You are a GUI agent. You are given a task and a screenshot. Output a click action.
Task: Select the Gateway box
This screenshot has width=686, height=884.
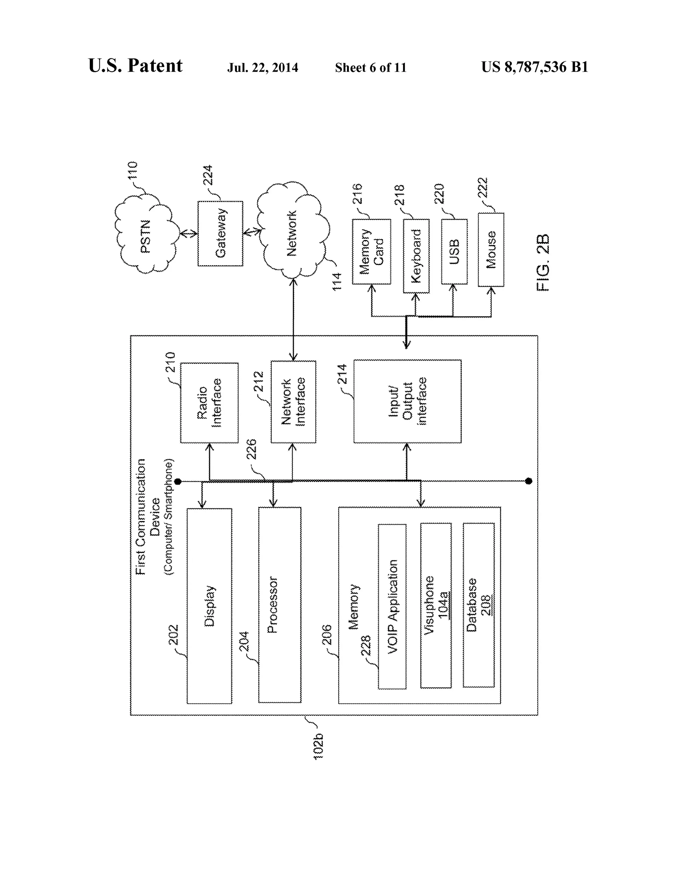[220, 233]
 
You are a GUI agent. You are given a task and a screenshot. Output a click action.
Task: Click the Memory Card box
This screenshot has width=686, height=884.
[371, 251]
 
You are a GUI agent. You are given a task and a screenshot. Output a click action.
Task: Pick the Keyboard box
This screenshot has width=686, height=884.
[416, 256]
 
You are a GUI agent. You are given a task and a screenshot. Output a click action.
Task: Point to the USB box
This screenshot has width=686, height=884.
[454, 251]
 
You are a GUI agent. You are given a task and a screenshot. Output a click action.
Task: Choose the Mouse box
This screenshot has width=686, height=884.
[491, 250]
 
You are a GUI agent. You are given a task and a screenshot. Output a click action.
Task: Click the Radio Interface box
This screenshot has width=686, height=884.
[209, 402]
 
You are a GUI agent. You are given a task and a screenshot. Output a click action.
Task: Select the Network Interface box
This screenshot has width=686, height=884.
[293, 401]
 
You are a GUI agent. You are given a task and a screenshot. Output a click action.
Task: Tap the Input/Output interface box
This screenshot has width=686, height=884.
[407, 401]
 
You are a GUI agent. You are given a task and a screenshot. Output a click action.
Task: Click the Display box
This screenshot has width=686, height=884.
[209, 606]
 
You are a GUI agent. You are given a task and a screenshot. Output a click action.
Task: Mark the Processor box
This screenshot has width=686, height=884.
[279, 605]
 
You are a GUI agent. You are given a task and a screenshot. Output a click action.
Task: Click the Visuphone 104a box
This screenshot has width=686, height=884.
[436, 605]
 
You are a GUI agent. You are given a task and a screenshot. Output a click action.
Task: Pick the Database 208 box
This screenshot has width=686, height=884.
[478, 605]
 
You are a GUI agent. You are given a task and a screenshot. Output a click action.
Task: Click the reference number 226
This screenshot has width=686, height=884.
[252, 449]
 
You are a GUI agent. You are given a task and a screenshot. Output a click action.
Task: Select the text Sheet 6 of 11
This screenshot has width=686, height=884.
[370, 68]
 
